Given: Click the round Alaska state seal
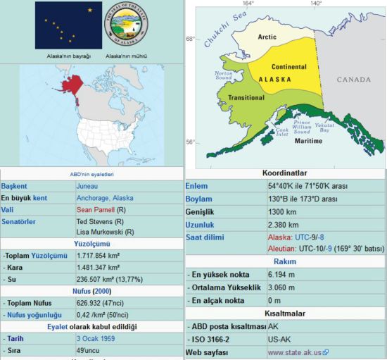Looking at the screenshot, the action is (127, 25).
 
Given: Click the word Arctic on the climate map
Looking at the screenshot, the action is (267, 37).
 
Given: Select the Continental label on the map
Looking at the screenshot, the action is (289, 67).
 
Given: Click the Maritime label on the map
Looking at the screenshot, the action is (308, 141).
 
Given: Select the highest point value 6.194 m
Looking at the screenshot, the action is (282, 274).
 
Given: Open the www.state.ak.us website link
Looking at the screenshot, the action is (294, 352).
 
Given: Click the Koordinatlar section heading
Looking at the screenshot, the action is (285, 173).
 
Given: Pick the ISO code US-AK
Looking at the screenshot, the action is (281, 339).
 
